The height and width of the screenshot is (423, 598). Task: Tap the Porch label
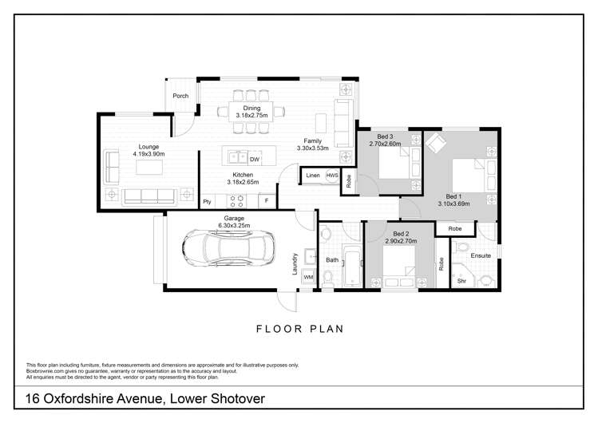pyautogui.click(x=181, y=96)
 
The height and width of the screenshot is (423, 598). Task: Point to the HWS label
pyautogui.click(x=332, y=176)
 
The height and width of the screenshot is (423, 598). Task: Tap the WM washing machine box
pyautogui.click(x=308, y=276)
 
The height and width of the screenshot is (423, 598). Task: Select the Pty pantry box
pyautogui.click(x=207, y=201)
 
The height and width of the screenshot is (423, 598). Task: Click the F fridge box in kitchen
pyautogui.click(x=267, y=201)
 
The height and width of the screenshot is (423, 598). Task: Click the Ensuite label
pyautogui.click(x=480, y=256)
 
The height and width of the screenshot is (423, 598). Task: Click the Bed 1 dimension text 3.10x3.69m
pyautogui.click(x=453, y=204)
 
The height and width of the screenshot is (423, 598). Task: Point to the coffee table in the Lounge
pyautogui.click(x=149, y=167)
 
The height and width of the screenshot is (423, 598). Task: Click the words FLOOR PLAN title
pyautogui.click(x=299, y=327)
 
